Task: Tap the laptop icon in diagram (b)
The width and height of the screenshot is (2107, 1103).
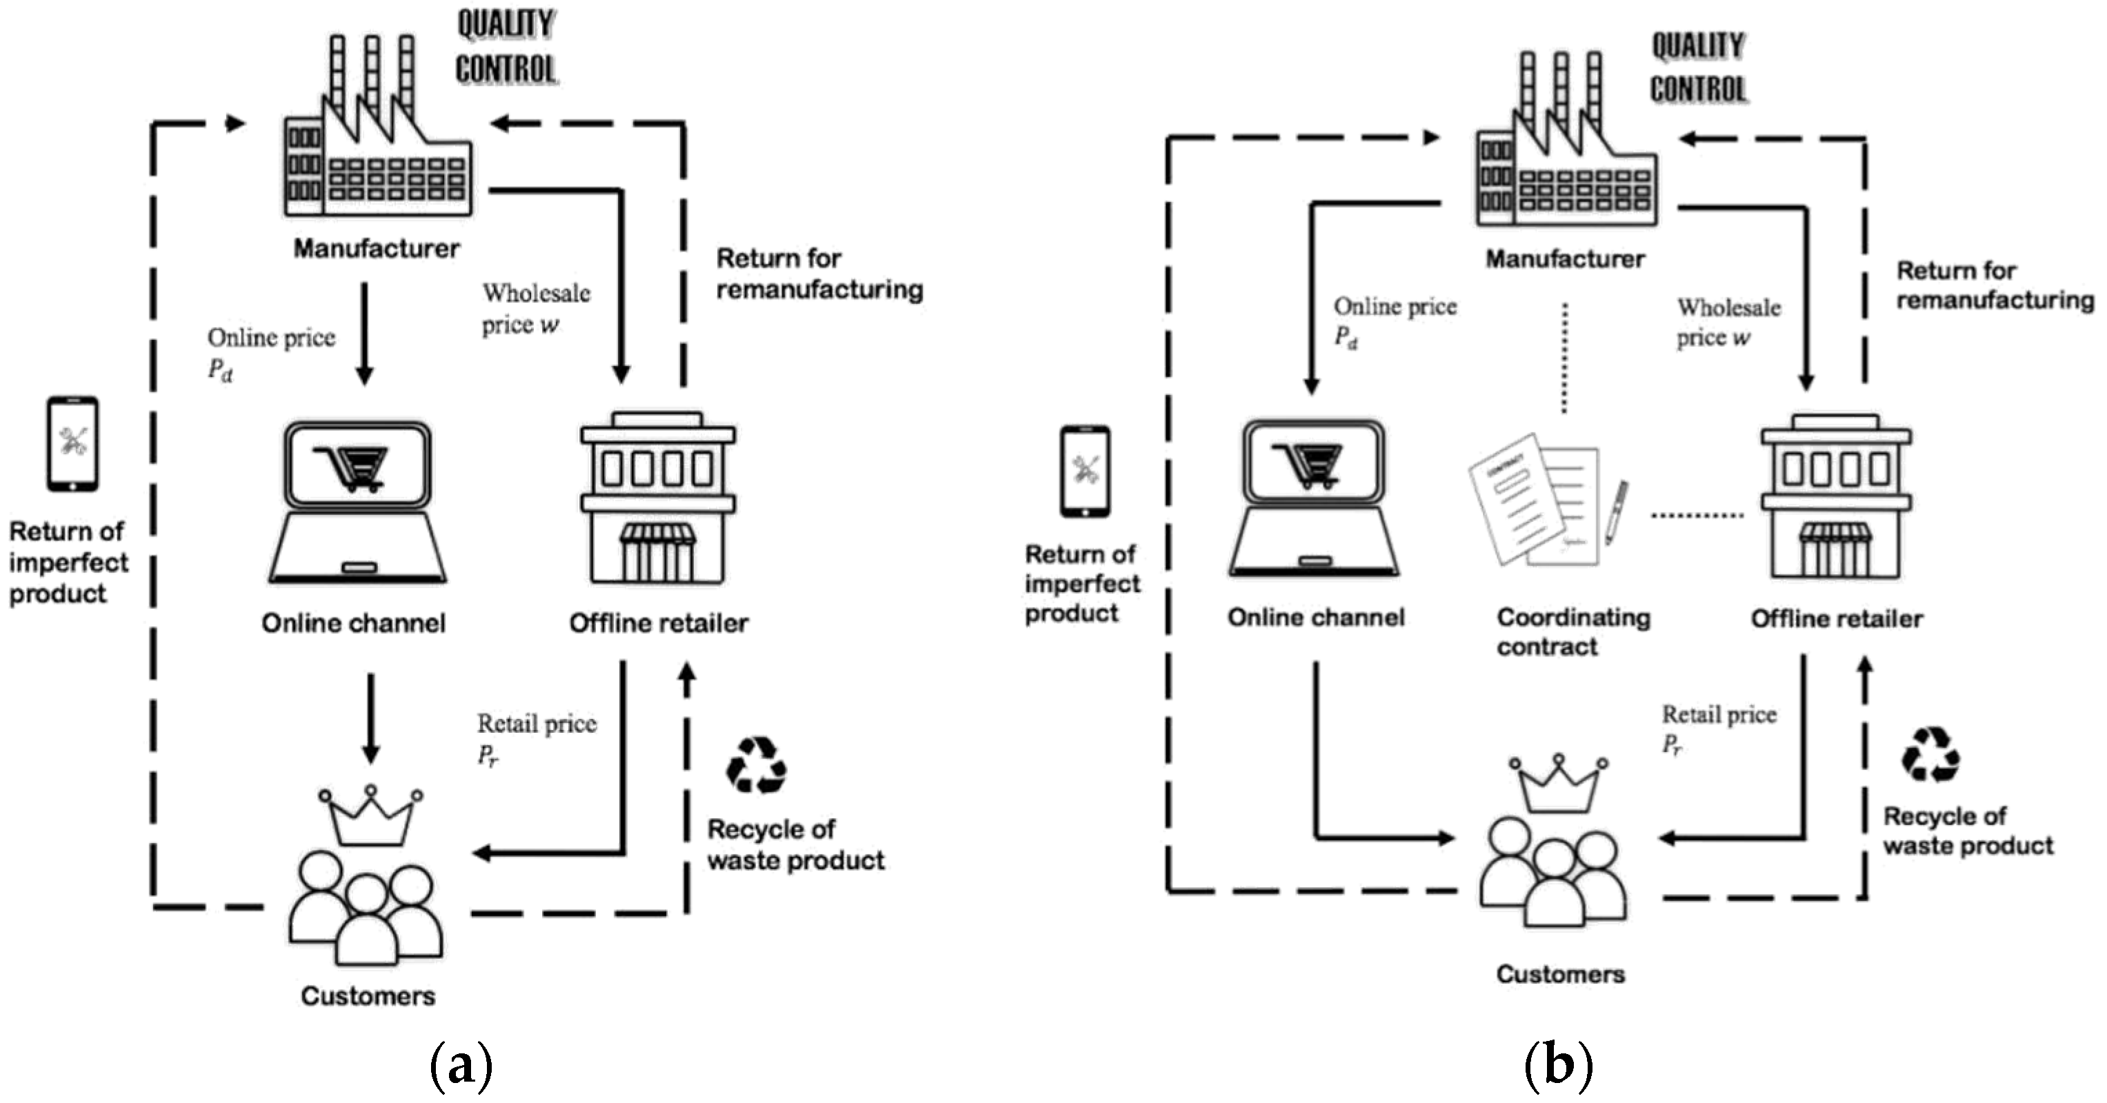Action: [x=1315, y=498]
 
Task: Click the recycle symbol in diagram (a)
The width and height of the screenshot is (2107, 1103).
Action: [x=757, y=765]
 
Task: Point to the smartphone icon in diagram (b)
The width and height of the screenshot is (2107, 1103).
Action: [x=1085, y=471]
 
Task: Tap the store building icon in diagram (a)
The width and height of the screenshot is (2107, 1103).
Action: [x=658, y=498]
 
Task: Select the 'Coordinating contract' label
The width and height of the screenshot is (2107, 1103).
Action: [x=1572, y=631]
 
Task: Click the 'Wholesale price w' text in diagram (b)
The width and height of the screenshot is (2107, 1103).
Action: [x=1728, y=322]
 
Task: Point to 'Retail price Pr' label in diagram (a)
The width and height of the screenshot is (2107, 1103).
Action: [x=535, y=738]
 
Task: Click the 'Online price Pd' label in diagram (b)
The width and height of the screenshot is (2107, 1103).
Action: [x=1394, y=321]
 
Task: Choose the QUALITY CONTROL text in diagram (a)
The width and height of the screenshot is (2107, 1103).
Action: [x=506, y=47]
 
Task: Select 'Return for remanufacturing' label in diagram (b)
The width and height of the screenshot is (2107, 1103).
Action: [x=1994, y=285]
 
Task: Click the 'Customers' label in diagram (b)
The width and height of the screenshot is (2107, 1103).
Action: [x=1560, y=974]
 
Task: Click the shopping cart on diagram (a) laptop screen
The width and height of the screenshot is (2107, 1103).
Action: [x=358, y=467]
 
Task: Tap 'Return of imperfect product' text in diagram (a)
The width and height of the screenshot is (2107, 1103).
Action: [x=67, y=563]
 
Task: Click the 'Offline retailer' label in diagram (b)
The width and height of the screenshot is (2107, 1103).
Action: [x=1836, y=619]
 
